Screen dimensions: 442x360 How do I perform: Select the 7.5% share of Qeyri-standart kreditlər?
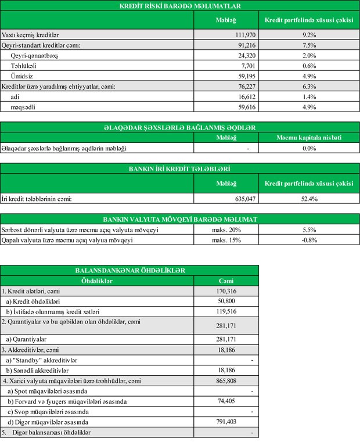point(308,45)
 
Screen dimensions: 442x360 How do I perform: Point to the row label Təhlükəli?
point(25,66)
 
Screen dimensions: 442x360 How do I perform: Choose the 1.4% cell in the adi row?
point(308,97)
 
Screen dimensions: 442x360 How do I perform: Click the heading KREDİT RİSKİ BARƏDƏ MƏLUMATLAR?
point(179,6)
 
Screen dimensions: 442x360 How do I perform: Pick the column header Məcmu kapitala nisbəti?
point(308,138)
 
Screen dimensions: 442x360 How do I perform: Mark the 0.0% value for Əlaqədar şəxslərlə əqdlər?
point(308,148)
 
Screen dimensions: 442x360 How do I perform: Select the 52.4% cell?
point(308,199)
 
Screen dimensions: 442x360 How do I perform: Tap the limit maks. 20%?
point(225,230)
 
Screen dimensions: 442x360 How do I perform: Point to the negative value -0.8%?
point(308,240)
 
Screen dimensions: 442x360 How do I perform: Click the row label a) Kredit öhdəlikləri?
point(33,301)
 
